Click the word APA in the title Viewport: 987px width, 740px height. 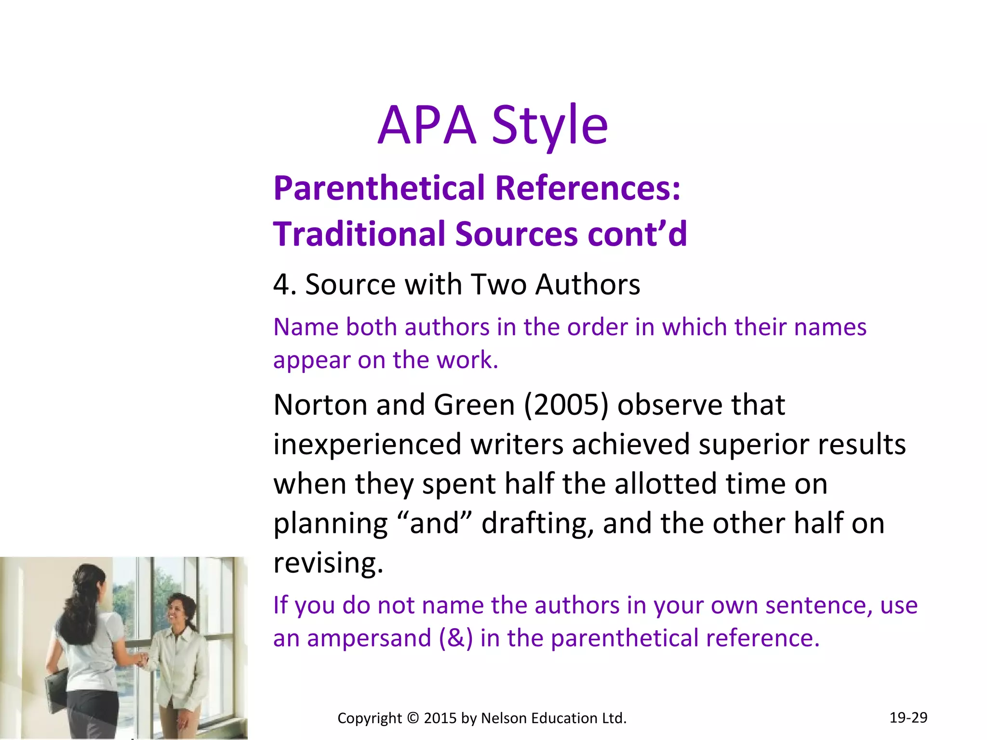click(x=427, y=125)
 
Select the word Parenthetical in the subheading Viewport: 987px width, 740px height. click(x=379, y=188)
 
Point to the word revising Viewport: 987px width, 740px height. click(x=328, y=563)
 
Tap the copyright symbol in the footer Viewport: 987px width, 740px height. click(x=413, y=718)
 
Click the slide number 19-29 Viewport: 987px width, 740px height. click(x=908, y=717)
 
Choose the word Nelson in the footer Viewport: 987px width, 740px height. click(x=504, y=718)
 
